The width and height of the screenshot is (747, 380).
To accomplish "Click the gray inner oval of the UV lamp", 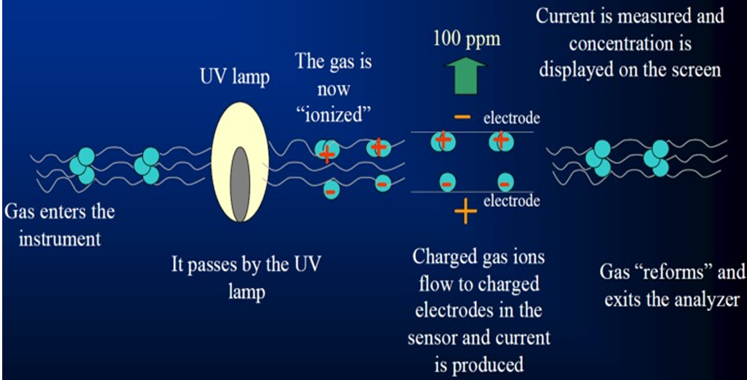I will pos(240,184).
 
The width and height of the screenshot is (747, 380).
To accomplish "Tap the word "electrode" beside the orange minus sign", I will pos(511,118).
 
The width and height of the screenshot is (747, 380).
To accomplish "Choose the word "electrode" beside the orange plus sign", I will pos(511,200).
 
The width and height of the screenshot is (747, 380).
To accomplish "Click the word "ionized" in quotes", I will pos(333,117).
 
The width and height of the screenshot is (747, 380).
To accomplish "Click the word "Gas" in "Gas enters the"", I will pos(20,211).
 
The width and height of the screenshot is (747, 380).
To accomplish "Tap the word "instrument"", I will pos(60,239).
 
